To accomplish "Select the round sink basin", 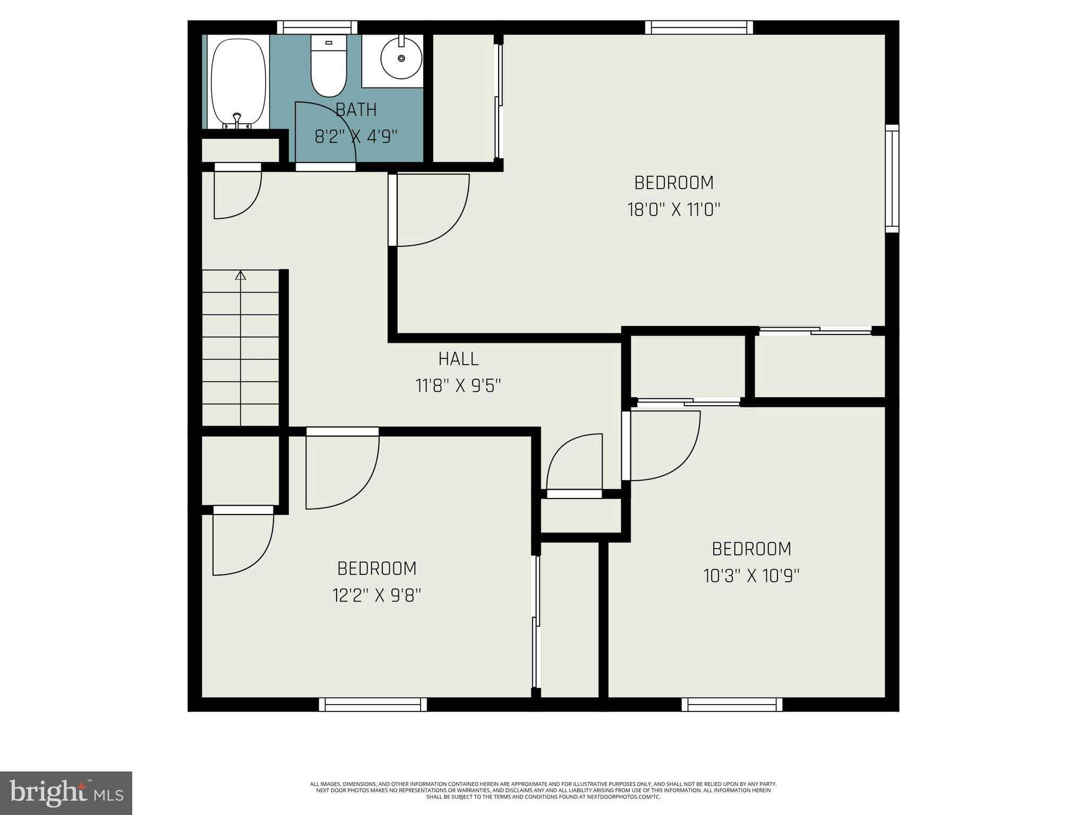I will point(401,58).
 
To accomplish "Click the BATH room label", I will point(356,110).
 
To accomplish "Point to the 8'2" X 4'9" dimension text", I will point(356,137).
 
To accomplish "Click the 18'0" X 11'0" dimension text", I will point(673,210).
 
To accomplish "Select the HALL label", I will point(458,359).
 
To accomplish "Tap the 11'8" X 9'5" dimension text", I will point(458,386).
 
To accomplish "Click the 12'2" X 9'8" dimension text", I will point(376,596).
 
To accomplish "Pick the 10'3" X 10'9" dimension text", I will point(751,576).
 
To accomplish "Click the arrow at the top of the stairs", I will point(241,275).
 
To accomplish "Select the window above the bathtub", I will point(317,27).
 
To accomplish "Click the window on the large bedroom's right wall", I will point(892,178).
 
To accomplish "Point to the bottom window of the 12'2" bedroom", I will point(373,705).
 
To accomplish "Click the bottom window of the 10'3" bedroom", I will point(732,705).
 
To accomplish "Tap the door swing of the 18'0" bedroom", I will point(433,211).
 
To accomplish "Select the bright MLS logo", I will point(66,793).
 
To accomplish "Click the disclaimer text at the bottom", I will point(543,790).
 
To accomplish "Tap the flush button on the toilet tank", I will point(328,42).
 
